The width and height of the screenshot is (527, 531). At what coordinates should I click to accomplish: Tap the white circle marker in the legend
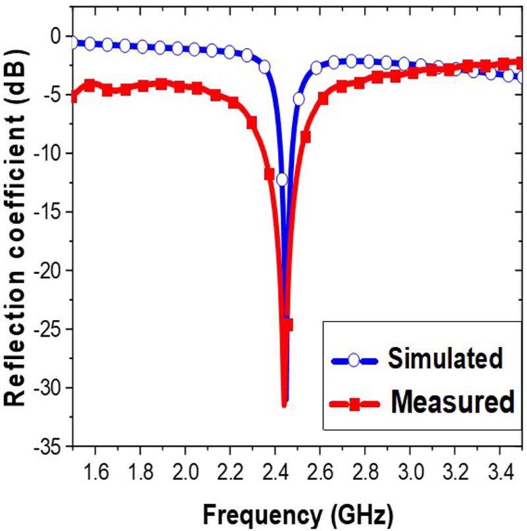[354, 360]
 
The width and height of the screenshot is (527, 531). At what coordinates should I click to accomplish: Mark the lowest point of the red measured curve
[284, 405]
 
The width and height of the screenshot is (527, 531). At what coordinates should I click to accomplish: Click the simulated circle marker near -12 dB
[282, 179]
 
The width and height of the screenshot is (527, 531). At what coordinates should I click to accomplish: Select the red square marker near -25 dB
[287, 325]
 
